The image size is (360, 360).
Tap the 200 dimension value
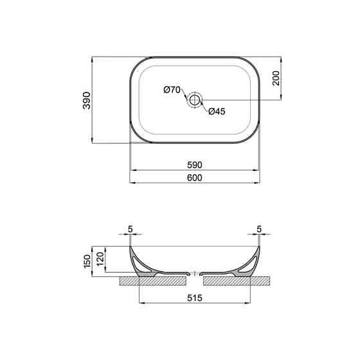click(276, 78)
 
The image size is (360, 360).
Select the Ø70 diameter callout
click(172, 90)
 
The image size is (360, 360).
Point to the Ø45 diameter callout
click(217, 111)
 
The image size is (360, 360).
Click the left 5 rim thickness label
click(130, 229)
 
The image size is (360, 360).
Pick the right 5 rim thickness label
click(259, 229)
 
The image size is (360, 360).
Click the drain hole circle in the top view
click(195, 100)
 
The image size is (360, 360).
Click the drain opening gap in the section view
click(195, 273)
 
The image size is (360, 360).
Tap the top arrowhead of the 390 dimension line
click(94, 59)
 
